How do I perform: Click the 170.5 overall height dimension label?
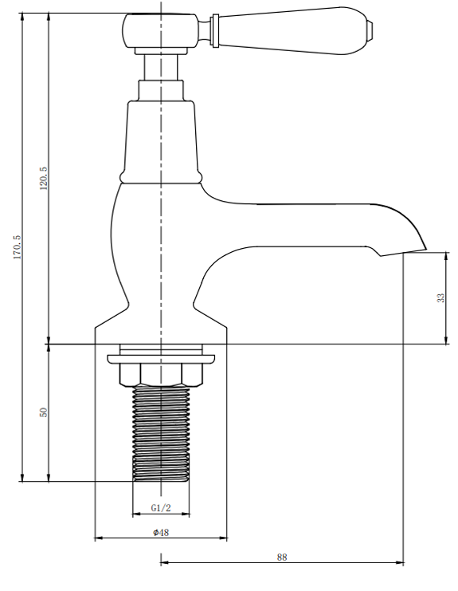click(x=18, y=247)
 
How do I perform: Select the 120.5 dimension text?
click(x=44, y=179)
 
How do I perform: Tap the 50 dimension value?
click(x=44, y=412)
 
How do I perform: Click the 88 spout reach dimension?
click(x=282, y=557)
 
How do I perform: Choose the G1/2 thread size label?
click(x=161, y=508)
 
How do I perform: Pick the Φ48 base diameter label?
click(x=161, y=532)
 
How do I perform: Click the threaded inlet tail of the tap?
click(x=161, y=434)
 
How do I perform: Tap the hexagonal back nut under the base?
click(x=161, y=375)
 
